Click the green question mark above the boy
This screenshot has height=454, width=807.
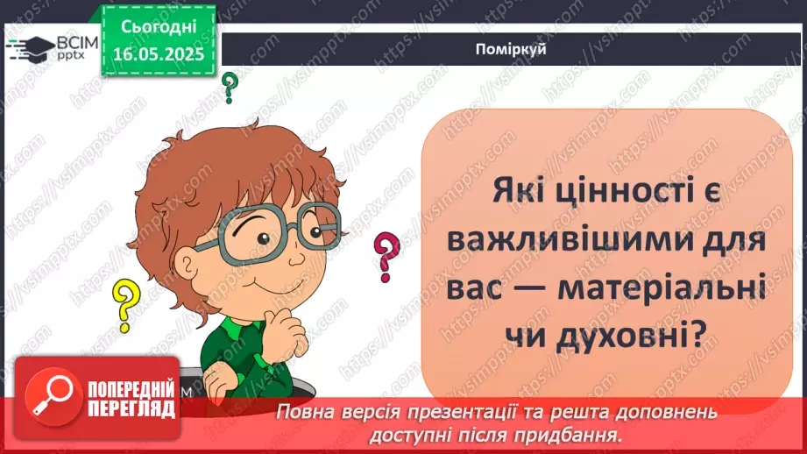pyautogui.click(x=230, y=87)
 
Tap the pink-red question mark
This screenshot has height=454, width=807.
pyautogui.click(x=384, y=255)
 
